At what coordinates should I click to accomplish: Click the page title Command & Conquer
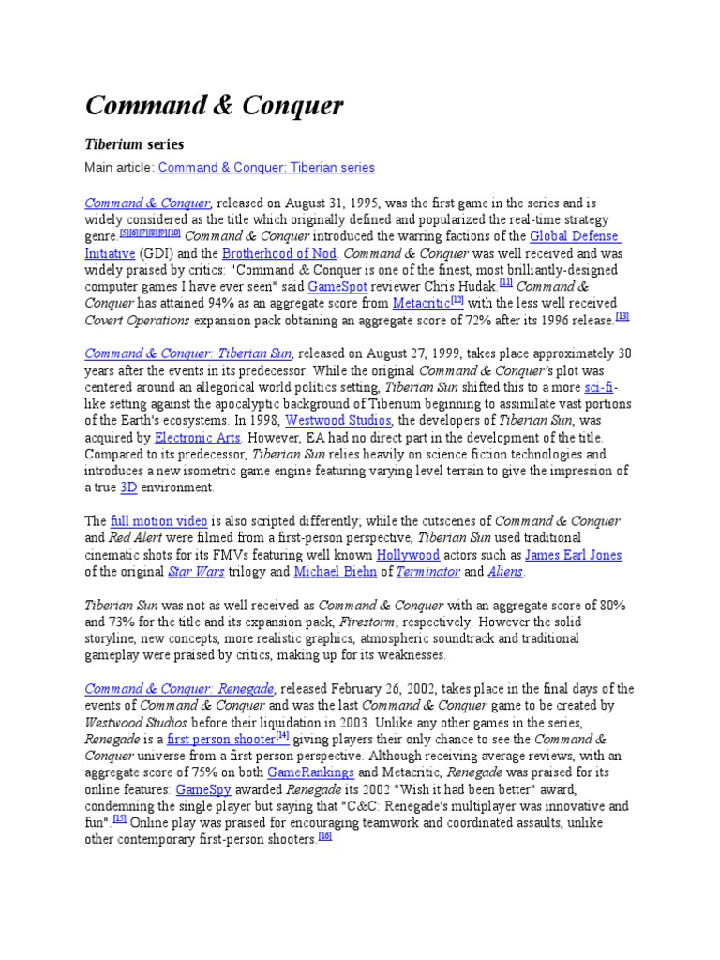coord(215,106)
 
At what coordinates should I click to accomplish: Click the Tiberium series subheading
coord(135,144)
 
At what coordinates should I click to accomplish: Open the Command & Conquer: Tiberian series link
coord(266,168)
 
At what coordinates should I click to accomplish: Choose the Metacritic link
coord(421,304)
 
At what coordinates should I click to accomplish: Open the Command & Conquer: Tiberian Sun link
coord(188,353)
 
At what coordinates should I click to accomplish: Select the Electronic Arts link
coord(198,438)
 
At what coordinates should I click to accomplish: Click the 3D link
coord(129,488)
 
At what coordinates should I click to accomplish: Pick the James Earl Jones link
coord(573,555)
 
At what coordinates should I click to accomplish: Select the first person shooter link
coord(220,740)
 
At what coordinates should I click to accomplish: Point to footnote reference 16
coord(325,837)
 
